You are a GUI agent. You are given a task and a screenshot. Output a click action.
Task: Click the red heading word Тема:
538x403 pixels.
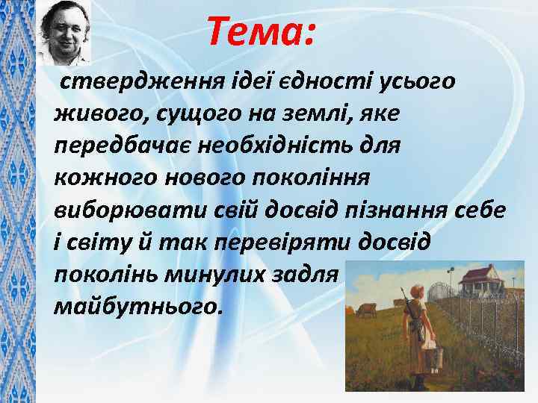(262, 32)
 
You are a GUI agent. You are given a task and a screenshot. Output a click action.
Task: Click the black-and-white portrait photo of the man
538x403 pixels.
(64, 33)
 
